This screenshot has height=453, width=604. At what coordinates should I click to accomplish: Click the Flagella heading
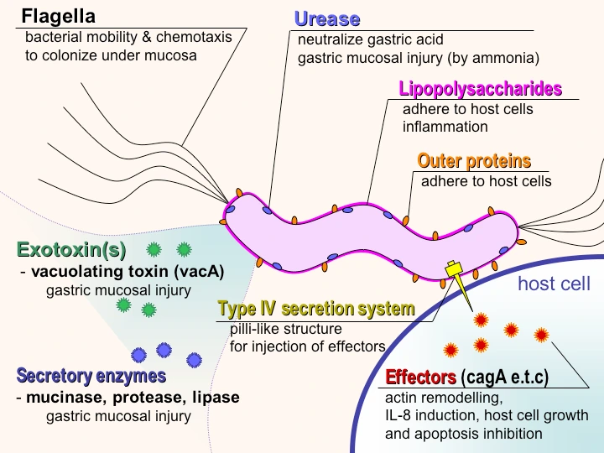tap(58, 17)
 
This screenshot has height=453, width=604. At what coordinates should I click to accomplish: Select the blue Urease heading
tap(327, 19)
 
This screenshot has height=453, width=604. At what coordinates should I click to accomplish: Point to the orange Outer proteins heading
tap(474, 161)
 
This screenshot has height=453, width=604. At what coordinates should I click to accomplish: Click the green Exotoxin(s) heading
tap(71, 250)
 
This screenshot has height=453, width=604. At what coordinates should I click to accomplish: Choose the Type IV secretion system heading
tap(316, 310)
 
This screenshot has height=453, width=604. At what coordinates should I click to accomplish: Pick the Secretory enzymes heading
tap(91, 376)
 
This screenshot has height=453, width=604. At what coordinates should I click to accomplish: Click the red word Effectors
tap(420, 377)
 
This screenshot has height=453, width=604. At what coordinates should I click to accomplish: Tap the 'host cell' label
tap(554, 284)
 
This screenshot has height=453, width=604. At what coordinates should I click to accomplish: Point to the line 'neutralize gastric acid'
tap(370, 39)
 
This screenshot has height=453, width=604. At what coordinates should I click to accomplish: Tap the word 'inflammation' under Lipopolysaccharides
tap(445, 127)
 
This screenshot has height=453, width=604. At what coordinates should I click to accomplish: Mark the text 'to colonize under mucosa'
tap(111, 55)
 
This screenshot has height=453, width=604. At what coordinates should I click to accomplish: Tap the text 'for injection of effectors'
tap(307, 346)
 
